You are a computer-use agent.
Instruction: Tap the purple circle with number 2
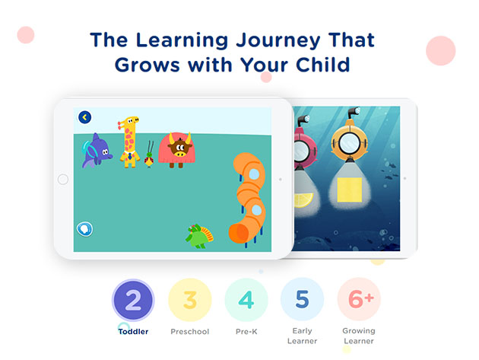133,300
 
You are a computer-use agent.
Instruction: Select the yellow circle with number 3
190,300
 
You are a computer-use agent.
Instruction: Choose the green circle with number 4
246,300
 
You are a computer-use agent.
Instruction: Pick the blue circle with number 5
302,299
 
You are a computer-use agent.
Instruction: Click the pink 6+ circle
359,299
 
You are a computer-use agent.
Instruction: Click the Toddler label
133,332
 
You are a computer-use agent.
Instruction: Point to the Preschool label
190,332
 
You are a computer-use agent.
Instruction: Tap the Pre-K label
246,332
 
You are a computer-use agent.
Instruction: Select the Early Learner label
302,336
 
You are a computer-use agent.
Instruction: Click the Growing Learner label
359,336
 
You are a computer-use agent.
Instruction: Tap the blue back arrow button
84,117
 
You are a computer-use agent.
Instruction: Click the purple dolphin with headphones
97,151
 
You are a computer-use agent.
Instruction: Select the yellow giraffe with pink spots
129,142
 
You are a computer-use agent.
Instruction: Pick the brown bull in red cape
177,150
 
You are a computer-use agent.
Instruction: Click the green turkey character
199,236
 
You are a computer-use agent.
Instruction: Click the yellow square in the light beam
350,190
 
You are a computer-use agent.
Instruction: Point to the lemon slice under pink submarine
303,200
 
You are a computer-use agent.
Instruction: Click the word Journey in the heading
278,40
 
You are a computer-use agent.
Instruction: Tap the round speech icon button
84,229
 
